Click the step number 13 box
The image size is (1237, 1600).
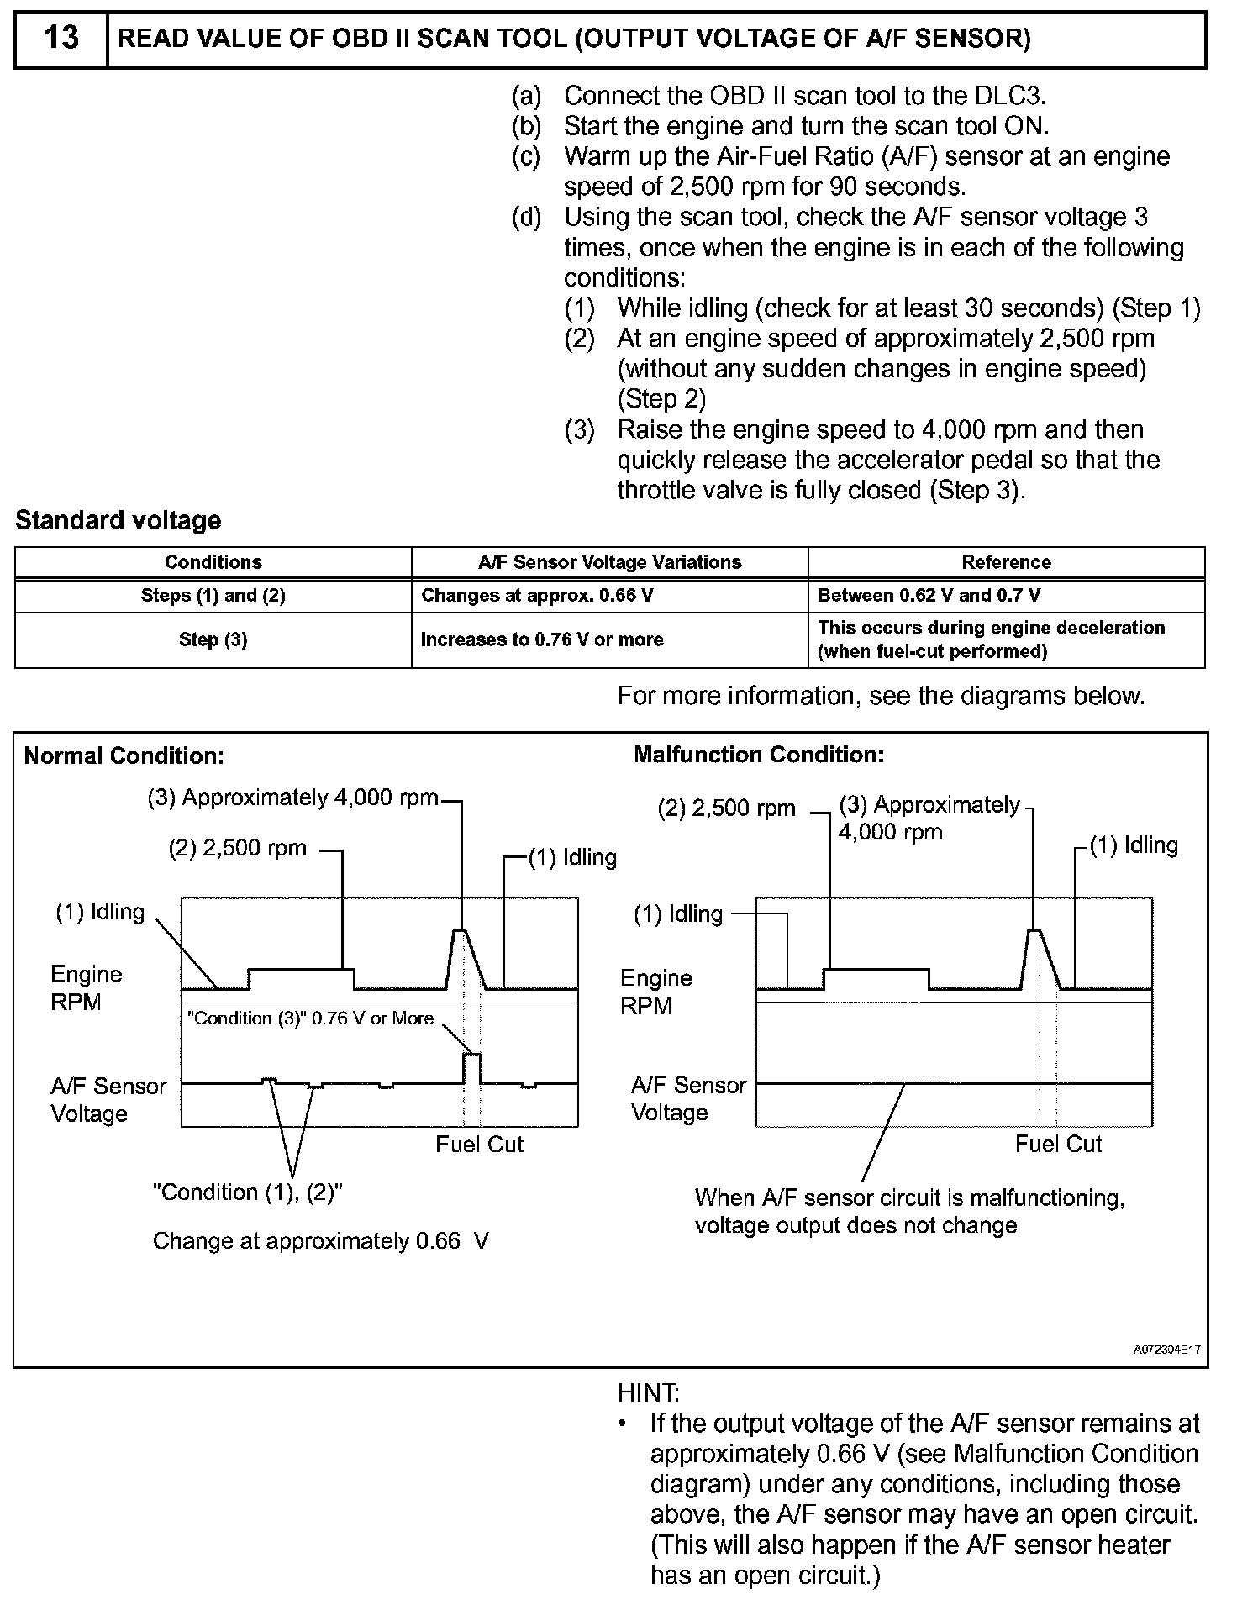point(61,39)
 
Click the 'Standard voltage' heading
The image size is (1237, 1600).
point(118,520)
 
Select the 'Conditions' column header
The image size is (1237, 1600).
point(213,562)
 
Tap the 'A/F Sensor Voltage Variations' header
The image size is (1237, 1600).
point(609,562)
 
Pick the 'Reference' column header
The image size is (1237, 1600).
point(1006,562)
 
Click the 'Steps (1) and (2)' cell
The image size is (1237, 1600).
point(213,596)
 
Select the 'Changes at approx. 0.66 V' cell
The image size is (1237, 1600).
point(537,596)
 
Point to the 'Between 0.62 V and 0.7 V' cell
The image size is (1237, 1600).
point(929,596)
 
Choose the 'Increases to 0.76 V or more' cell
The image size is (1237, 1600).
point(542,639)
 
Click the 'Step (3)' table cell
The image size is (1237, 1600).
point(213,639)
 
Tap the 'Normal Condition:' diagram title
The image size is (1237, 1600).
point(124,755)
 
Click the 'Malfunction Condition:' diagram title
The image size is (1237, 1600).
point(759,755)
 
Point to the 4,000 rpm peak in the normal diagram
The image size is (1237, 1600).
point(460,931)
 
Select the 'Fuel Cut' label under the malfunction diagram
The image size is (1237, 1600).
point(1058,1144)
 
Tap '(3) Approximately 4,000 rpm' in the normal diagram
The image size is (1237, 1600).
point(293,797)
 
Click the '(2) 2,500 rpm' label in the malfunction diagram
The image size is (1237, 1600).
point(726,808)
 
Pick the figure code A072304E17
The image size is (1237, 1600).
point(1167,1350)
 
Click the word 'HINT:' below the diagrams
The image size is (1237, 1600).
point(648,1393)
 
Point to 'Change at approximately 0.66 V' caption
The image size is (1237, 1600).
point(320,1241)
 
